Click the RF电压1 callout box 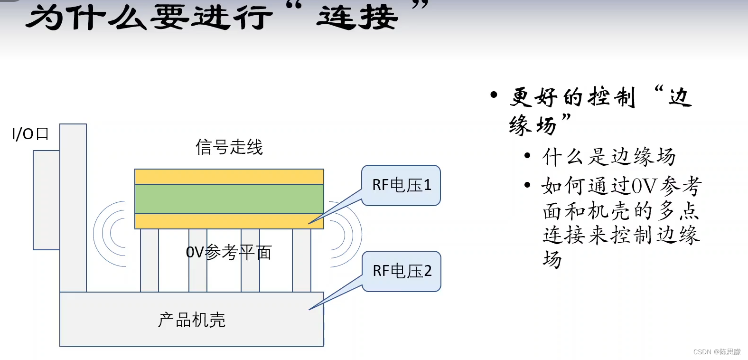click(401, 185)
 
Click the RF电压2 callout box click(402, 271)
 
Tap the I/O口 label click(30, 134)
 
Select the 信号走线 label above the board click(229, 147)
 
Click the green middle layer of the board click(229, 199)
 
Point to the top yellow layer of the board click(229, 177)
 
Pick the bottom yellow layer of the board click(229, 221)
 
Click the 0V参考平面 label click(228, 252)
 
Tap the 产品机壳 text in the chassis click(192, 320)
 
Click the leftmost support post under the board click(149, 260)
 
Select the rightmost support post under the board click(301, 260)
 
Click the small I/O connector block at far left click(46, 200)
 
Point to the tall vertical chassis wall click(73, 208)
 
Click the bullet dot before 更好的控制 click(494, 95)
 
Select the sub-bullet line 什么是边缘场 click(608, 157)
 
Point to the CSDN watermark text click(716, 352)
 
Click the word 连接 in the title click(357, 18)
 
